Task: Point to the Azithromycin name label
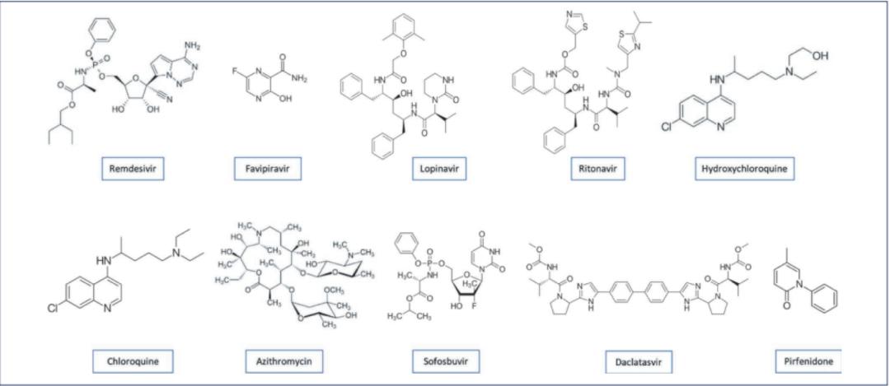(x=273, y=359)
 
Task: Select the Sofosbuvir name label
(x=445, y=359)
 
